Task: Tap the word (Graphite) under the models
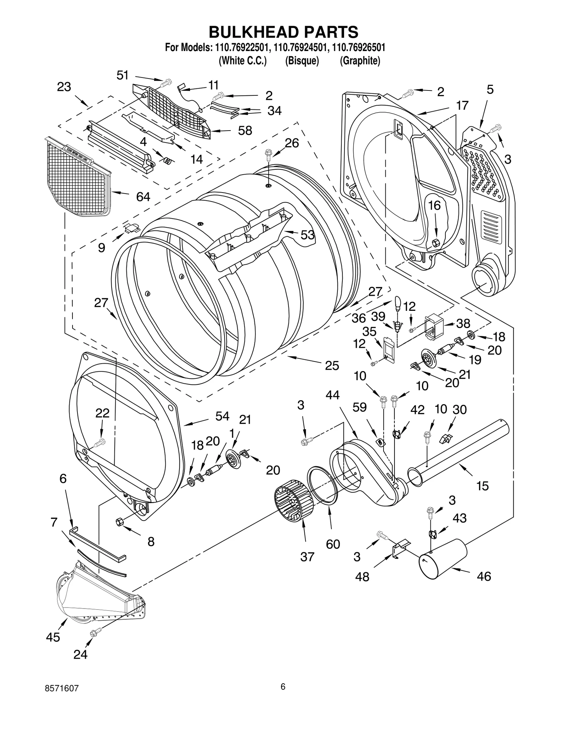coord(360,61)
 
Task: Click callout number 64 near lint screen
coord(143,197)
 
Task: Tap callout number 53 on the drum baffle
coord(307,235)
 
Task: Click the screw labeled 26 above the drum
coord(268,153)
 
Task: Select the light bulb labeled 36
coord(398,303)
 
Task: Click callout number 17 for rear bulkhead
coord(462,105)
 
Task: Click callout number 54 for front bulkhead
coord(222,416)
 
